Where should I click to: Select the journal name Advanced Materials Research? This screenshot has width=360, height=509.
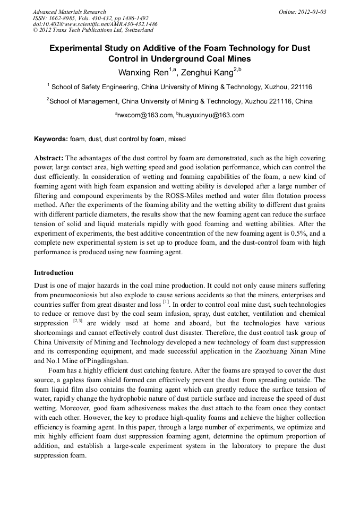[x=69, y=12]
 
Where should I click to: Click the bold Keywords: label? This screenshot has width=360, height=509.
[x=51, y=139]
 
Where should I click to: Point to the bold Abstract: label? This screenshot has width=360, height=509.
[x=49, y=159]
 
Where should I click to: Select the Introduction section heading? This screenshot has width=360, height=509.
[x=54, y=273]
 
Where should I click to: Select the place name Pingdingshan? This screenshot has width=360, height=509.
[x=104, y=360]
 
